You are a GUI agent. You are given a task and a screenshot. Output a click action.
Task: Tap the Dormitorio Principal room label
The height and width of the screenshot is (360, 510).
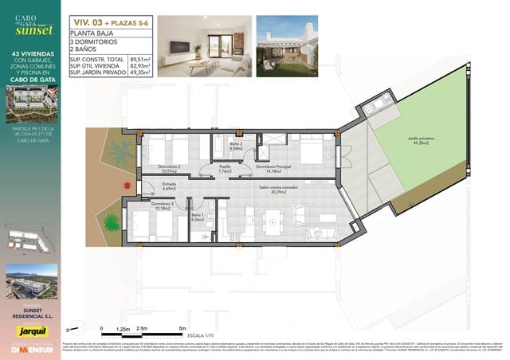[x=273, y=169]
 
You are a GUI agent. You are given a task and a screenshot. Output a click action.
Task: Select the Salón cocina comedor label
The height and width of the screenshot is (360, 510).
[x=273, y=190]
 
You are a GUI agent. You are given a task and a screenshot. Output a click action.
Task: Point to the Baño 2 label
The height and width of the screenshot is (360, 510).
[x=236, y=147]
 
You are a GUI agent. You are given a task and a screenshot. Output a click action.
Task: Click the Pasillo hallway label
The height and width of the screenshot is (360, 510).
[x=225, y=169]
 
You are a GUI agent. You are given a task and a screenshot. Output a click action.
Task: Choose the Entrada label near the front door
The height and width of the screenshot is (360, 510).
[x=169, y=188]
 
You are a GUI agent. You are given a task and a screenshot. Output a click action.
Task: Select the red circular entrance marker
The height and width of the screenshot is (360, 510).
[x=125, y=185]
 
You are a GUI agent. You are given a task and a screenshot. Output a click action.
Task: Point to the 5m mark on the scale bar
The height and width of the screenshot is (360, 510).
[x=182, y=328]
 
